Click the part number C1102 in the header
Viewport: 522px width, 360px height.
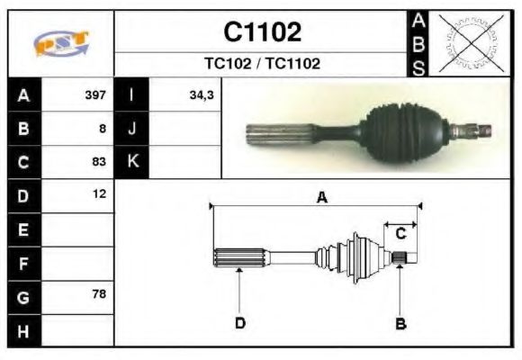262,32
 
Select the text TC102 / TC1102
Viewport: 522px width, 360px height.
262,64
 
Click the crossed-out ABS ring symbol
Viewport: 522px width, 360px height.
469,42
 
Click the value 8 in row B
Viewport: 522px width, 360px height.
103,128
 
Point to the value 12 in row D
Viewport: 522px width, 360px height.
99,193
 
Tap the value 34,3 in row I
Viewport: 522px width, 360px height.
201,94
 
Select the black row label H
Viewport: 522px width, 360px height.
23,330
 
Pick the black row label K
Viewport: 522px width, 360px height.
132,162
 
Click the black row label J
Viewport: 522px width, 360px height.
132,128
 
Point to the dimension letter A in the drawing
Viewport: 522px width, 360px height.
321,197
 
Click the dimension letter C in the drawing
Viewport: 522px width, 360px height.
401,232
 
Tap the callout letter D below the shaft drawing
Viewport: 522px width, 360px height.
240,322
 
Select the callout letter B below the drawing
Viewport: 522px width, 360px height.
400,322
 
